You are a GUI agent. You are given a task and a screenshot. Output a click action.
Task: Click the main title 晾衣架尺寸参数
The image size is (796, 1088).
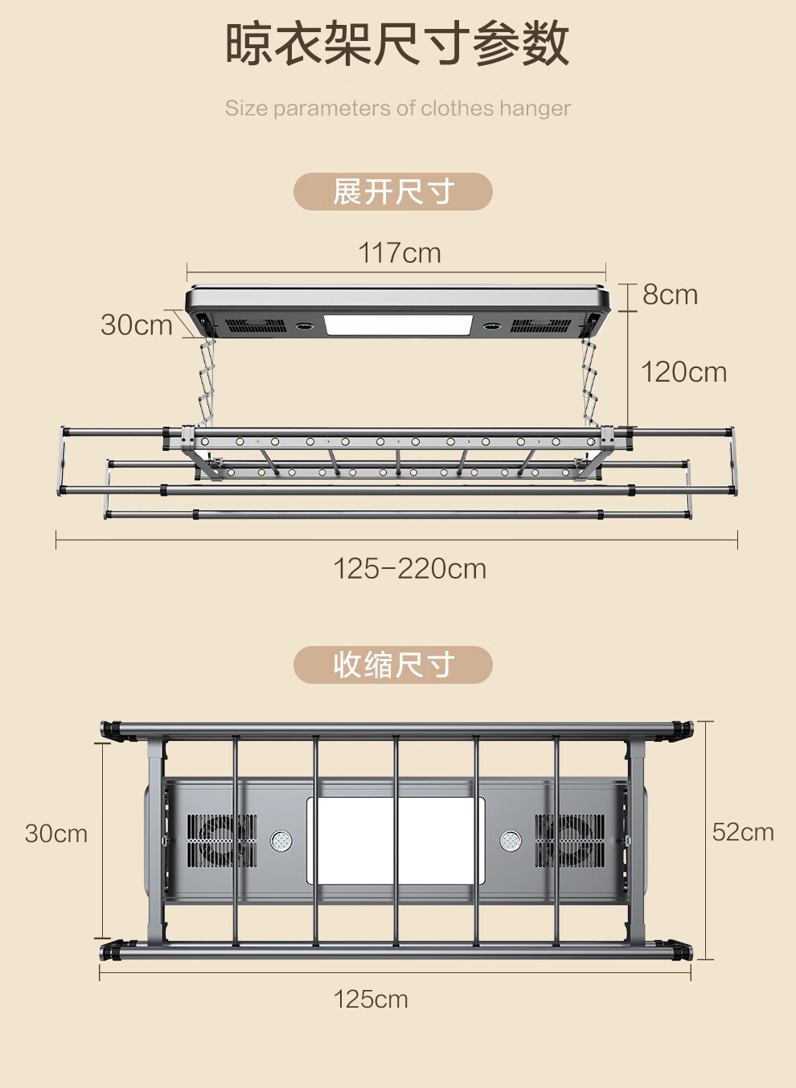point(397,43)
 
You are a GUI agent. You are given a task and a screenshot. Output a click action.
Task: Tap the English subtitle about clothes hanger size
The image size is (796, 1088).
point(397,108)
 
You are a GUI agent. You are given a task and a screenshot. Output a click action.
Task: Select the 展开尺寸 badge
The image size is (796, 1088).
point(393,192)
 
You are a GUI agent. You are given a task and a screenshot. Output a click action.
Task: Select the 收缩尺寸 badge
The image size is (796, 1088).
point(393,665)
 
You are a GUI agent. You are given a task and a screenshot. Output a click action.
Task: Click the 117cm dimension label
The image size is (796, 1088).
point(400,253)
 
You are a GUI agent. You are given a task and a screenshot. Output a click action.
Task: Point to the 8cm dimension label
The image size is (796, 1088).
point(670,295)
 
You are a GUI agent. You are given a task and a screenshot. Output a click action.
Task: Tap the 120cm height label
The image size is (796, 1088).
point(683,372)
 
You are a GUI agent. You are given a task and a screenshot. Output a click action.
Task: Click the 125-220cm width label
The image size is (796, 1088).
point(409,569)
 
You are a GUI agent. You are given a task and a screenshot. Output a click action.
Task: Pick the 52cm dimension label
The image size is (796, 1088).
point(743,832)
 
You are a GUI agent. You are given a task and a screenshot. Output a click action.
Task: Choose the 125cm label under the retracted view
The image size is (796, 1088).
point(371,999)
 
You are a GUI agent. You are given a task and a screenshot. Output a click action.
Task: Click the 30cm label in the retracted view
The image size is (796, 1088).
point(56,833)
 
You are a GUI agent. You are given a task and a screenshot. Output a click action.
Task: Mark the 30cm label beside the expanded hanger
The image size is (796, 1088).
point(137,325)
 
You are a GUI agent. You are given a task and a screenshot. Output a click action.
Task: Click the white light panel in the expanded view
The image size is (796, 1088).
point(397,325)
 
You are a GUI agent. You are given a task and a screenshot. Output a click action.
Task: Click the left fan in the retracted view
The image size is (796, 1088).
point(221,841)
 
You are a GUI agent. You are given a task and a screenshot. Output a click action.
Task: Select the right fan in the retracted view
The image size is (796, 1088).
point(570,841)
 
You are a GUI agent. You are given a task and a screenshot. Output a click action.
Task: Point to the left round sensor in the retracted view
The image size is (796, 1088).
point(281,841)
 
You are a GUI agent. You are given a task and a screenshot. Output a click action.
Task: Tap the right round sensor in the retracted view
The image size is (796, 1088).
point(511,841)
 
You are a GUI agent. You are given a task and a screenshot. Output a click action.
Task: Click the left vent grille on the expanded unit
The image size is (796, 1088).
point(255,326)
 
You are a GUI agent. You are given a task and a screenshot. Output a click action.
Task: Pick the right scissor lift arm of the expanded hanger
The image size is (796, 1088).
point(590,382)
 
